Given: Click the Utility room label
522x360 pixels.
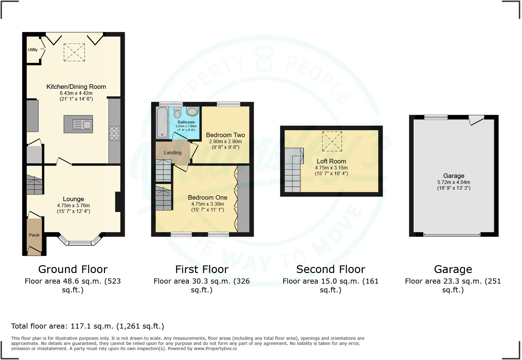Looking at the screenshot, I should (x=33, y=50).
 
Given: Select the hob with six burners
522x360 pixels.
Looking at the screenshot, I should (x=114, y=133).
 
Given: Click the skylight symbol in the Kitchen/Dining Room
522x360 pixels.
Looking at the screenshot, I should (x=74, y=52).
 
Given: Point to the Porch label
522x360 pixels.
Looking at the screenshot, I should (x=34, y=235).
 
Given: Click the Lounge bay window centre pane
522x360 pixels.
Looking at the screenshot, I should (x=80, y=243).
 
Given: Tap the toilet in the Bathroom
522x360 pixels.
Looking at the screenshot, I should (x=177, y=113).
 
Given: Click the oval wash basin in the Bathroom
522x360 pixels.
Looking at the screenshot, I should (x=192, y=111).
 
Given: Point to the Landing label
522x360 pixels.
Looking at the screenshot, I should (x=172, y=153).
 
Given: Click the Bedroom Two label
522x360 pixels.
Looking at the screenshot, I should (x=225, y=135).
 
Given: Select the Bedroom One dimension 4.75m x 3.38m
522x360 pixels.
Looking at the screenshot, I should (x=208, y=204).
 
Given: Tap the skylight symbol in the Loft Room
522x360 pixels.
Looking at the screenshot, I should (x=332, y=141).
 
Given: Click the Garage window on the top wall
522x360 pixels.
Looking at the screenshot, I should (x=436, y=117).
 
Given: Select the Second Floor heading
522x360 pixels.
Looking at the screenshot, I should (x=330, y=269).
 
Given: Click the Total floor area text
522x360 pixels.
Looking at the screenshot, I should (x=88, y=326).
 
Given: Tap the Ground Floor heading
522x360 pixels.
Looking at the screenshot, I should (x=73, y=269).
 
